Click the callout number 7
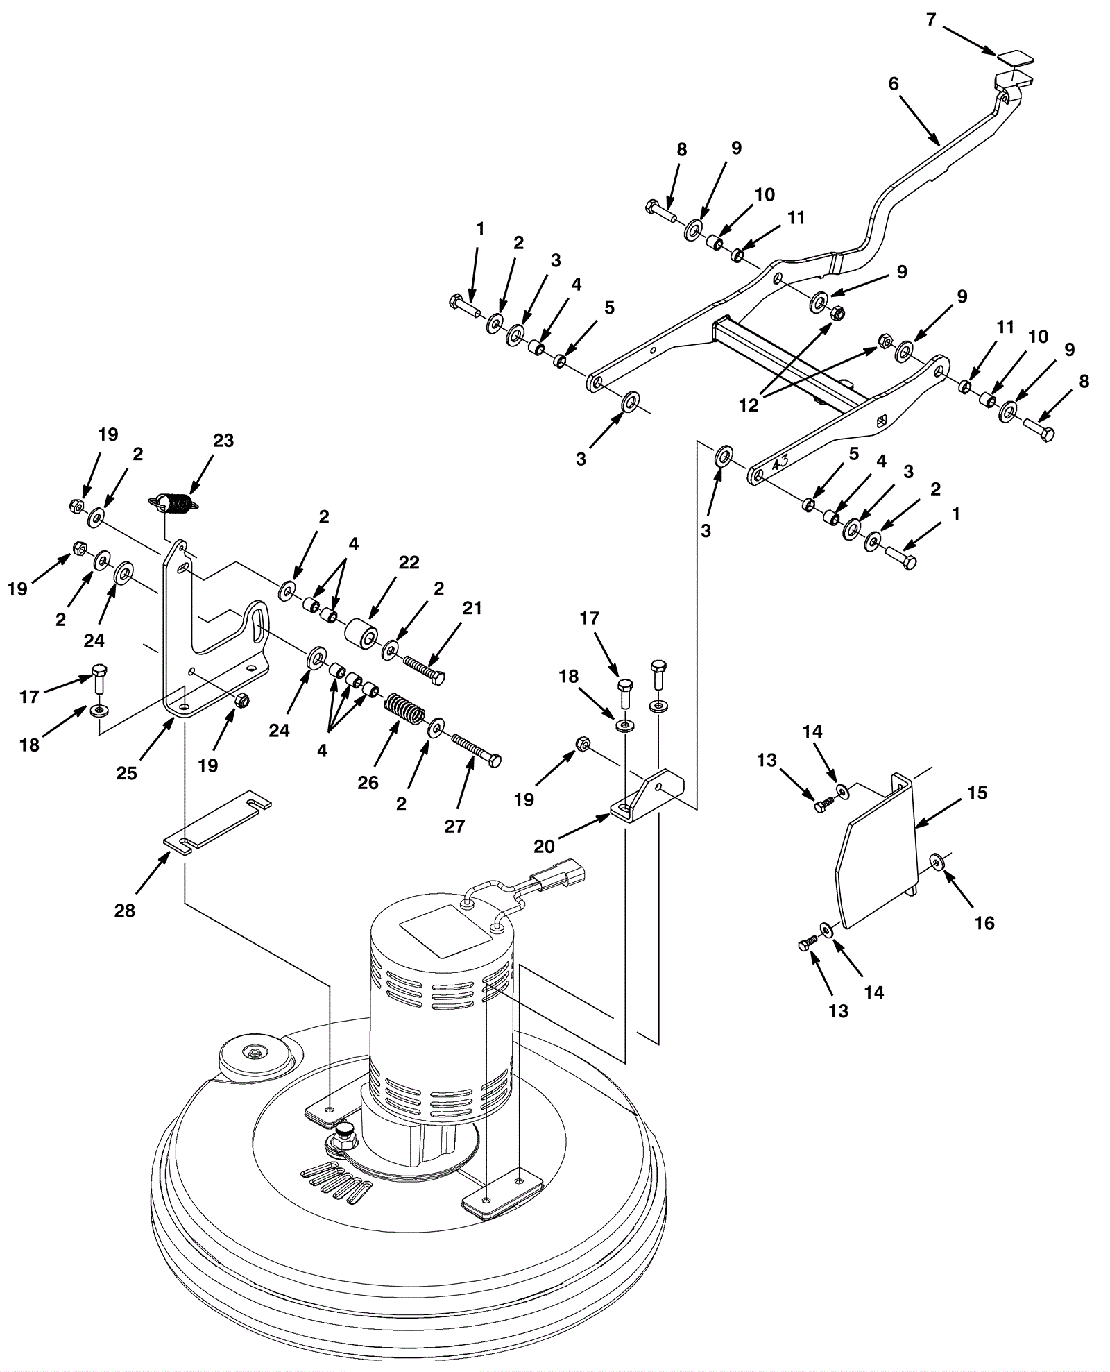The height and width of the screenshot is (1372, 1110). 931,19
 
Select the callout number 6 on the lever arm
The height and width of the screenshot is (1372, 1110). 894,84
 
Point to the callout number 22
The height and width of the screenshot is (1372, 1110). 409,562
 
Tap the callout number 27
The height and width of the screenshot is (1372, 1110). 454,826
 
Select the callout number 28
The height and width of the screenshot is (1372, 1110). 125,911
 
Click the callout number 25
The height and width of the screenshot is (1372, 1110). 127,773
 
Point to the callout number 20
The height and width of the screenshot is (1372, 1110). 545,846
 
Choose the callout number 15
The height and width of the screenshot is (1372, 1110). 977,793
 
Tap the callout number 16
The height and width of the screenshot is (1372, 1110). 984,923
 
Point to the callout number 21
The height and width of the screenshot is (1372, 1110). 472,608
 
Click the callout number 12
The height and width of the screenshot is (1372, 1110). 749,405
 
